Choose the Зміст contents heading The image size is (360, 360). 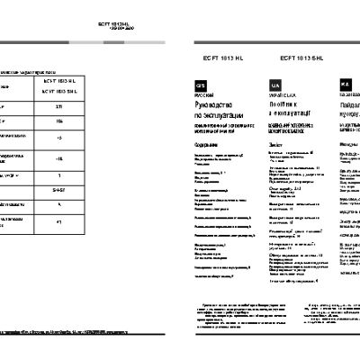(274, 143)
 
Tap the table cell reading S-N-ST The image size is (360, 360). (58, 191)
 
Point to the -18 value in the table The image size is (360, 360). (58, 159)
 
